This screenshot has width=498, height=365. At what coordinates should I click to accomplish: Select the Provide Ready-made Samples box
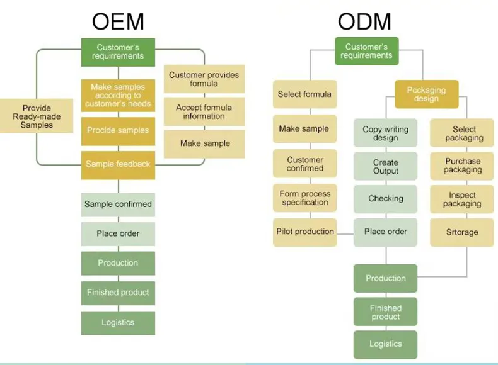click(x=37, y=116)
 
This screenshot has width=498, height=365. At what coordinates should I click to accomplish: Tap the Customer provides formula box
click(x=204, y=79)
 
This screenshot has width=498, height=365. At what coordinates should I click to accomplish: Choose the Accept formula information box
click(x=204, y=112)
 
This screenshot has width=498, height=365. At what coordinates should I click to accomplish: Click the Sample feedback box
click(x=118, y=164)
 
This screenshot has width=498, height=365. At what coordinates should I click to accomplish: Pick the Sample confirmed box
click(x=118, y=205)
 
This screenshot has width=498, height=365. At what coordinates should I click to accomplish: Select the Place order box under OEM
click(x=118, y=233)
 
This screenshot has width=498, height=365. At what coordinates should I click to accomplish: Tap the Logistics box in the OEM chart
click(x=118, y=322)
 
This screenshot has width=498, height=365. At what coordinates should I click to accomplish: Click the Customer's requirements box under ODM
click(x=366, y=51)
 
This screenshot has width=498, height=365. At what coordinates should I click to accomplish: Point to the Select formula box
click(x=304, y=94)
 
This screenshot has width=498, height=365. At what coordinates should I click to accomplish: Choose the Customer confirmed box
click(x=304, y=164)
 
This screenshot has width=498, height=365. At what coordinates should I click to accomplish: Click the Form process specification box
click(x=304, y=198)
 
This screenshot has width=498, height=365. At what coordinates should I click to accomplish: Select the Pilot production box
click(x=304, y=232)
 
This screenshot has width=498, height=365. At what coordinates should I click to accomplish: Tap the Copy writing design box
click(x=385, y=133)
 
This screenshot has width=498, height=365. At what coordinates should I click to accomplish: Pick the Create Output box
click(x=385, y=167)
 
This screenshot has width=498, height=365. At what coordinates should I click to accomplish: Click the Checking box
click(x=385, y=199)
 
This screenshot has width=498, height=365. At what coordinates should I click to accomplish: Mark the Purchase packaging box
click(x=462, y=166)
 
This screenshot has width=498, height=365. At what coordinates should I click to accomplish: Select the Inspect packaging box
click(x=462, y=199)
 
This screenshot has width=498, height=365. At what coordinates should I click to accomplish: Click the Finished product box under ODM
click(x=385, y=312)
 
